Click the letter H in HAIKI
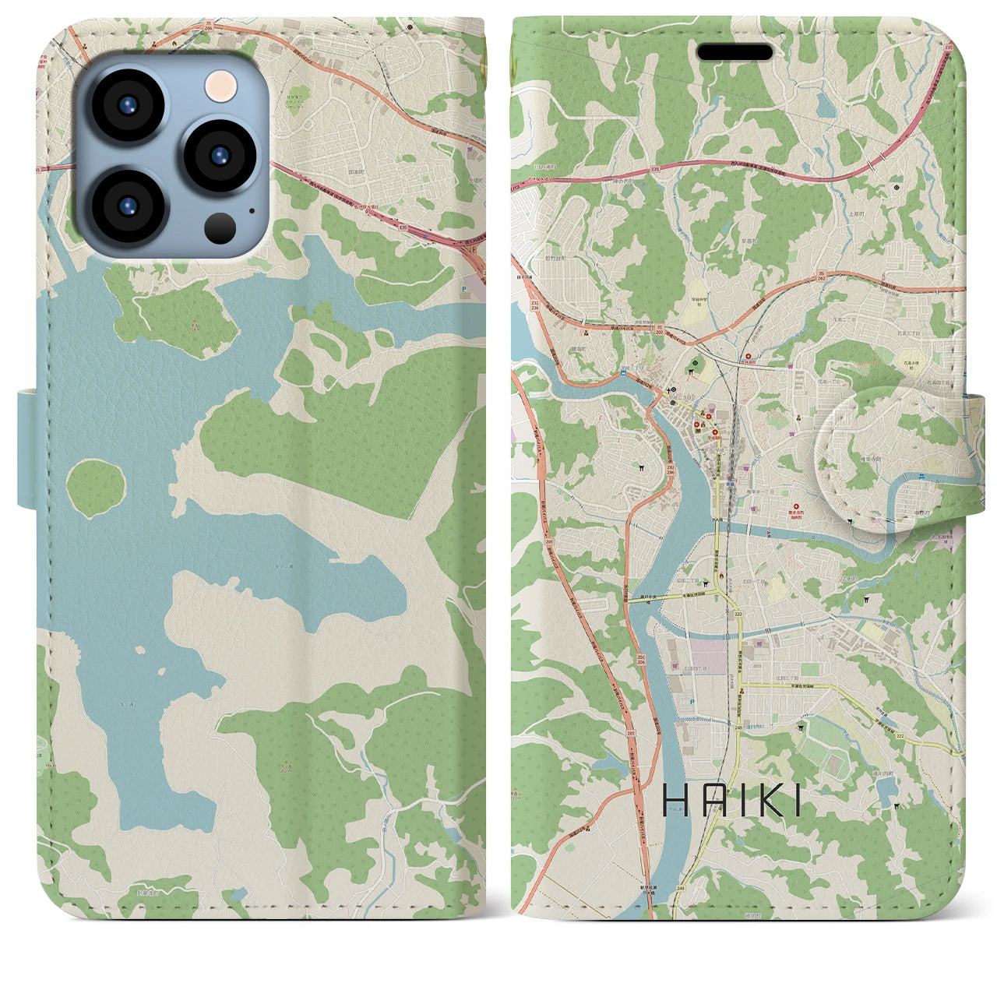pos(674,801)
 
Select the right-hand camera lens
pos(220,155)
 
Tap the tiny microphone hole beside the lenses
pos(251,209)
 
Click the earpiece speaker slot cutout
pos(735,52)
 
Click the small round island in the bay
pos(95,488)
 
